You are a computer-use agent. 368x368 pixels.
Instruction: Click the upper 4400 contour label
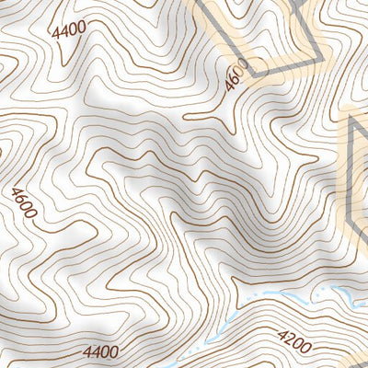coord(69,29)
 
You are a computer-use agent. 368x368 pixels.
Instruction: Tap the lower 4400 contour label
coord(100,351)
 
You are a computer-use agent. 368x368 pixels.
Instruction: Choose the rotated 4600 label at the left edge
coord(24,202)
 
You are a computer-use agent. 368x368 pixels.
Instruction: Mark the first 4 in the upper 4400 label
coord(57,33)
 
